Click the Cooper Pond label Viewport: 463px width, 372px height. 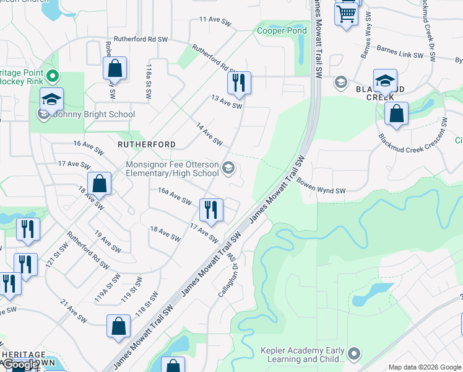[x=282, y=30]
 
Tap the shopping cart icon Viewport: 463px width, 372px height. [x=347, y=13]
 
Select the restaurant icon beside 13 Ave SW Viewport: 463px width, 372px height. [x=239, y=82]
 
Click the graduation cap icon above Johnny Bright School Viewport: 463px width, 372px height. [x=52, y=99]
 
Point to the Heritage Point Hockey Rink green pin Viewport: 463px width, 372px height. [x=52, y=77]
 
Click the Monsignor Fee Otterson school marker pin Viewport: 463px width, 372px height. [x=228, y=168]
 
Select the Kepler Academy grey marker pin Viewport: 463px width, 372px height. [x=353, y=354]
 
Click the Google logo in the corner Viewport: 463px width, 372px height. [x=20, y=365]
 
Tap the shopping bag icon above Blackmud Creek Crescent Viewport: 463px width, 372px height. [x=396, y=114]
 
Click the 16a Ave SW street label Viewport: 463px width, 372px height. [x=175, y=198]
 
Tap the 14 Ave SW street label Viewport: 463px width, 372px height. [x=209, y=135]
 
